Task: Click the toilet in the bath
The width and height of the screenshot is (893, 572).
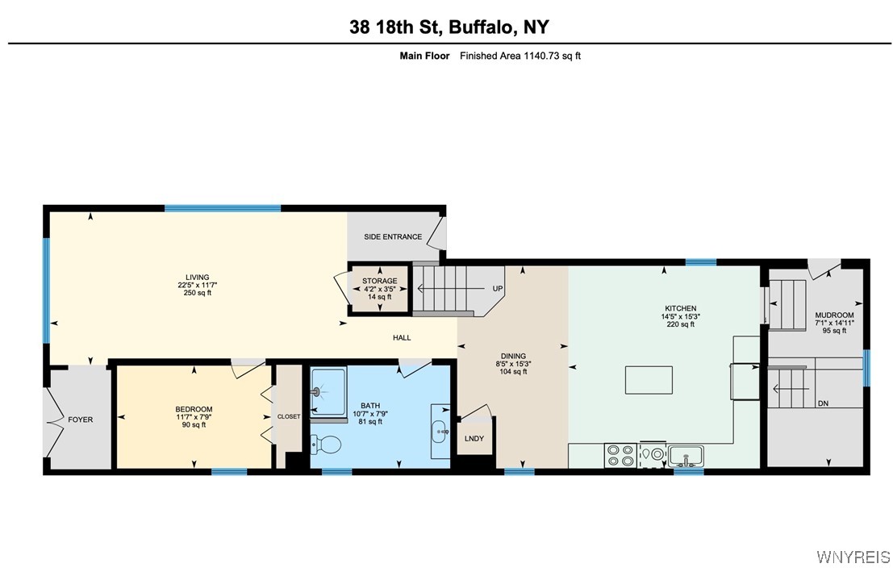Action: click(x=326, y=444)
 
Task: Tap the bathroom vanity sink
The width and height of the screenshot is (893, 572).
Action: click(x=441, y=432)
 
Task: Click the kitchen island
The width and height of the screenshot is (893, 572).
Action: click(x=649, y=379)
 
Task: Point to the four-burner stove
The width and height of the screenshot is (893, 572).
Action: click(x=620, y=456)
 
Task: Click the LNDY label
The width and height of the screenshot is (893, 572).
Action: click(x=474, y=438)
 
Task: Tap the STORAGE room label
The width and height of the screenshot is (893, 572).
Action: click(x=379, y=281)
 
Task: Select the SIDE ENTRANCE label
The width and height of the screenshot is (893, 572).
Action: click(x=393, y=236)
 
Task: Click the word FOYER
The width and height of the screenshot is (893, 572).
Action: click(x=80, y=420)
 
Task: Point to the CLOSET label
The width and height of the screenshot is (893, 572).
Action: click(x=289, y=416)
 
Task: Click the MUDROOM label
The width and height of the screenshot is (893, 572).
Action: click(x=834, y=315)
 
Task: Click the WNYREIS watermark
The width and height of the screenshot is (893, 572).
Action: click(x=853, y=557)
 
